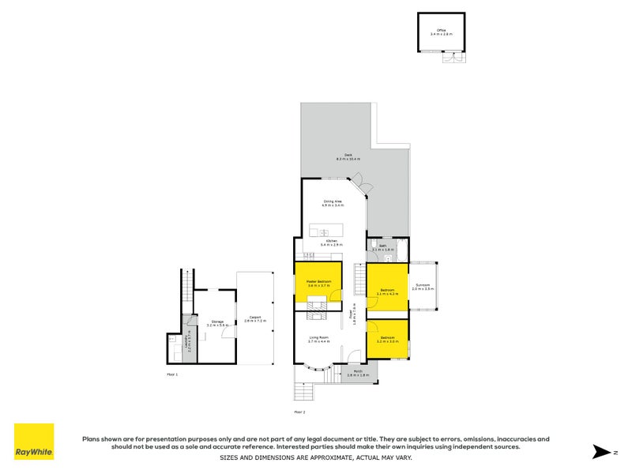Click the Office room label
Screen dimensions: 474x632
click(x=442, y=32)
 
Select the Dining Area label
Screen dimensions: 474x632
click(x=333, y=203)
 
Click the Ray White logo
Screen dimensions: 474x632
click(x=34, y=442)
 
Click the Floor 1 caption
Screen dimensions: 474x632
click(x=173, y=373)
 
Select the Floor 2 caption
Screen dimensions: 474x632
click(x=299, y=412)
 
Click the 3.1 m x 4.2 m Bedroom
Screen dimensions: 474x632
click(x=387, y=291)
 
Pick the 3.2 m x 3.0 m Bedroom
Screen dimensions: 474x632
click(x=387, y=339)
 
